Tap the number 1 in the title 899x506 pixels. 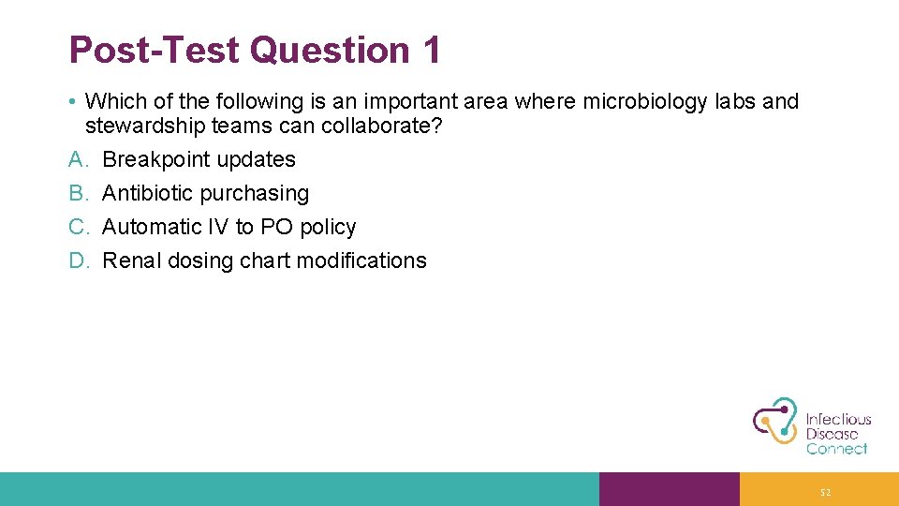(430, 51)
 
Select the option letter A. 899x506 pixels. (78, 159)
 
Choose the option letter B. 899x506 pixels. (78, 193)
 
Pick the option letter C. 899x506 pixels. (78, 227)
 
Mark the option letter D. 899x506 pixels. (78, 260)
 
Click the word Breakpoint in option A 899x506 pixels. (155, 159)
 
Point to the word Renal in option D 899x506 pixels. (131, 260)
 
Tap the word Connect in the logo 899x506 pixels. (836, 449)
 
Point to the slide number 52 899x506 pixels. (824, 492)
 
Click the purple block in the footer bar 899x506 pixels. (669, 489)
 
